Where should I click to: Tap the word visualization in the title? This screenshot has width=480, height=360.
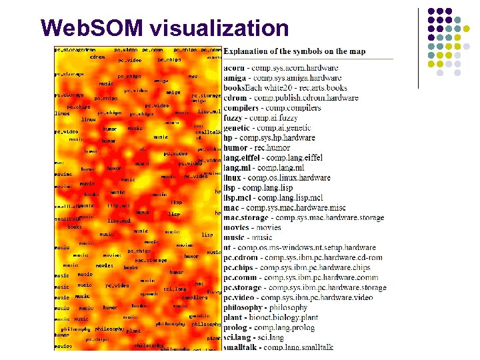pos(219,28)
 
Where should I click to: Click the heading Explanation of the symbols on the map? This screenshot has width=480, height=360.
pos(295,51)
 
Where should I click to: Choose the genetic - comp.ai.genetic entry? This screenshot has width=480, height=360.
pos(271,127)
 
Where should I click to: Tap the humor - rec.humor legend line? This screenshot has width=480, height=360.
pos(257,147)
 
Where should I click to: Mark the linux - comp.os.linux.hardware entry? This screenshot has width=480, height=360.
pos(277,178)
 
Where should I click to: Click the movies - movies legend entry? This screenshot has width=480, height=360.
pos(252,227)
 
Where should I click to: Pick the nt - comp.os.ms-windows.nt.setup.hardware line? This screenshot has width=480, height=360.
pos(299,247)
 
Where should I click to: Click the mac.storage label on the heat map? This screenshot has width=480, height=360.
pos(151,260)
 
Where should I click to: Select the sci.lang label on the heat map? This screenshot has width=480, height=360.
pos(175,289)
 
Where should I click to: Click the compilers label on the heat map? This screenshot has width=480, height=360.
pos(195,297)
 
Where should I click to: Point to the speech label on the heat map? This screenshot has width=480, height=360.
pos(149,294)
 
